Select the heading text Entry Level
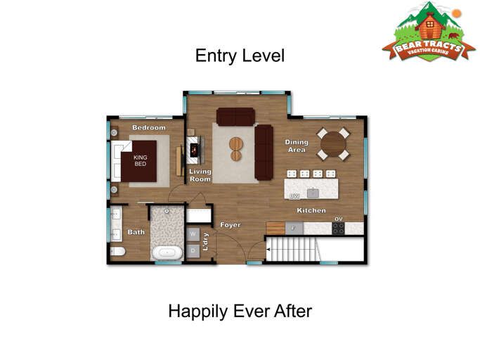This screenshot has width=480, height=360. [240, 56]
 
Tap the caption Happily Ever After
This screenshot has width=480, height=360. [240, 310]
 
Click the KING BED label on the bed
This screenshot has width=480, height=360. [140, 160]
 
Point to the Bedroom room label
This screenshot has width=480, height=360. [149, 128]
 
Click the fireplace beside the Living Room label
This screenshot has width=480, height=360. [195, 148]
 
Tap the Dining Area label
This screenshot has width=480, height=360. [297, 146]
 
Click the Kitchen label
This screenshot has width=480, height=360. [310, 210]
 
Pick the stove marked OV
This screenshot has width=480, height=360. [339, 227]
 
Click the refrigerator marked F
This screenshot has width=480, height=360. [294, 228]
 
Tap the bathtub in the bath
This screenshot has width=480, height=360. [167, 252]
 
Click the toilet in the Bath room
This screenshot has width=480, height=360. [118, 251]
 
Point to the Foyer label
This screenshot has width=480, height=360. [231, 225]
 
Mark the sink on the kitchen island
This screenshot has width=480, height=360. [313, 192]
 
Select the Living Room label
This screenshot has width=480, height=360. [200, 175]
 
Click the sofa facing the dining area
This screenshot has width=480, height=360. [264, 151]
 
